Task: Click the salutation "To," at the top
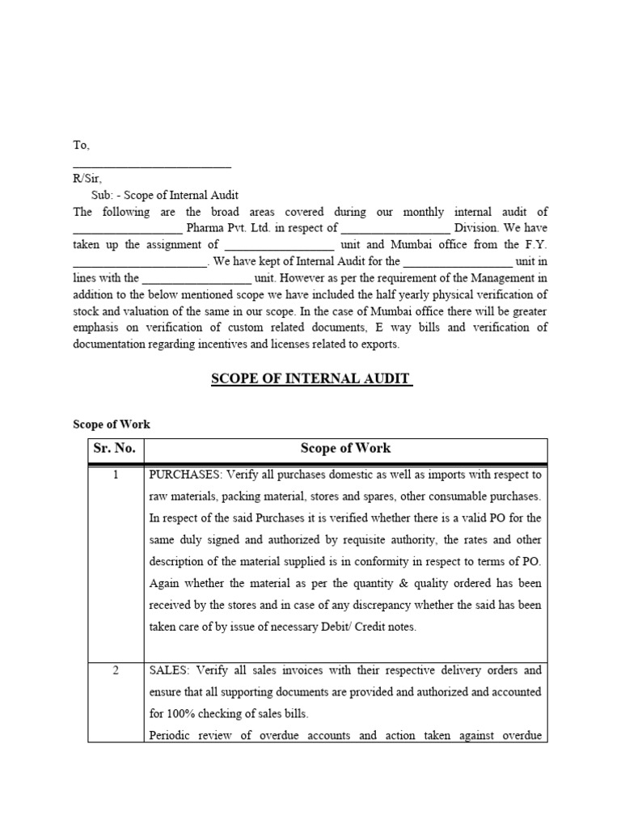pos(82,146)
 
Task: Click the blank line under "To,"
pos(152,167)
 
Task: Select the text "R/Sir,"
pos(87,180)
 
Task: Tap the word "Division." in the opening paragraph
pos(480,229)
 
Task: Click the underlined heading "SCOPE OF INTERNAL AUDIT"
pos(311,379)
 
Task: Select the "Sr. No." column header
pos(115,448)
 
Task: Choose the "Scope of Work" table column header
pos(345,448)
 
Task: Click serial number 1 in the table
pos(116,475)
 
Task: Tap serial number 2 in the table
pos(116,671)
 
